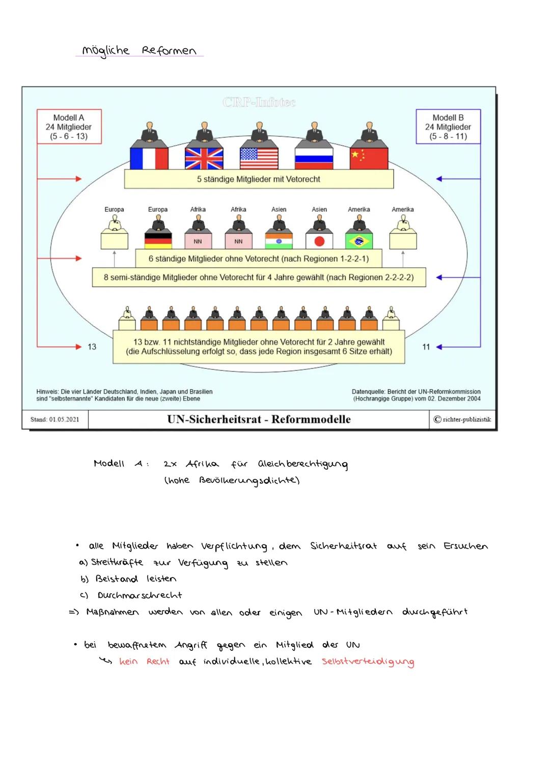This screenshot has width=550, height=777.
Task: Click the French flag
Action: (149, 158)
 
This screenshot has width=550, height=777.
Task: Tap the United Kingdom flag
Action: (204, 158)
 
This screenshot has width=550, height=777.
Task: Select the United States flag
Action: (259, 158)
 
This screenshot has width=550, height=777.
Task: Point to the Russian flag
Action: (314, 158)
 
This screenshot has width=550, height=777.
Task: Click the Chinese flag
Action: (369, 158)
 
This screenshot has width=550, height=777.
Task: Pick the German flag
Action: (158, 241)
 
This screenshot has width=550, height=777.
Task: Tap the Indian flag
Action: (279, 241)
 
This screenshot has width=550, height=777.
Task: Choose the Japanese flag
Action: (319, 241)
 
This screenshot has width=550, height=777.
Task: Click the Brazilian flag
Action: (359, 241)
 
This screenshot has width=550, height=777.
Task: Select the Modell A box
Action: (69, 127)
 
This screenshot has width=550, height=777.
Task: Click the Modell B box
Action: (448, 127)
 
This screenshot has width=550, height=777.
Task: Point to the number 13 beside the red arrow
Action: (92, 347)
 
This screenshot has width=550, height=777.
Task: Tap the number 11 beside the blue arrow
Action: (426, 347)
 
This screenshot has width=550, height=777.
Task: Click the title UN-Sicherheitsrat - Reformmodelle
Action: (259, 419)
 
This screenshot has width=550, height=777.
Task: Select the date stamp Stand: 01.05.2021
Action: (55, 419)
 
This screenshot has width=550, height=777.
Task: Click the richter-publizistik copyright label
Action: (462, 419)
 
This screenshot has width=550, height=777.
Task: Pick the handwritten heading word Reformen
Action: (169, 50)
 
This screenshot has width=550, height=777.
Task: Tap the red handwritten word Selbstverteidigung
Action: (368, 661)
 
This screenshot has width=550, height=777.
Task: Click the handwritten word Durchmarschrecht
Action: (140, 595)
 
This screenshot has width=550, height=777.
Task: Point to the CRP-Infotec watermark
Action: (259, 102)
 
